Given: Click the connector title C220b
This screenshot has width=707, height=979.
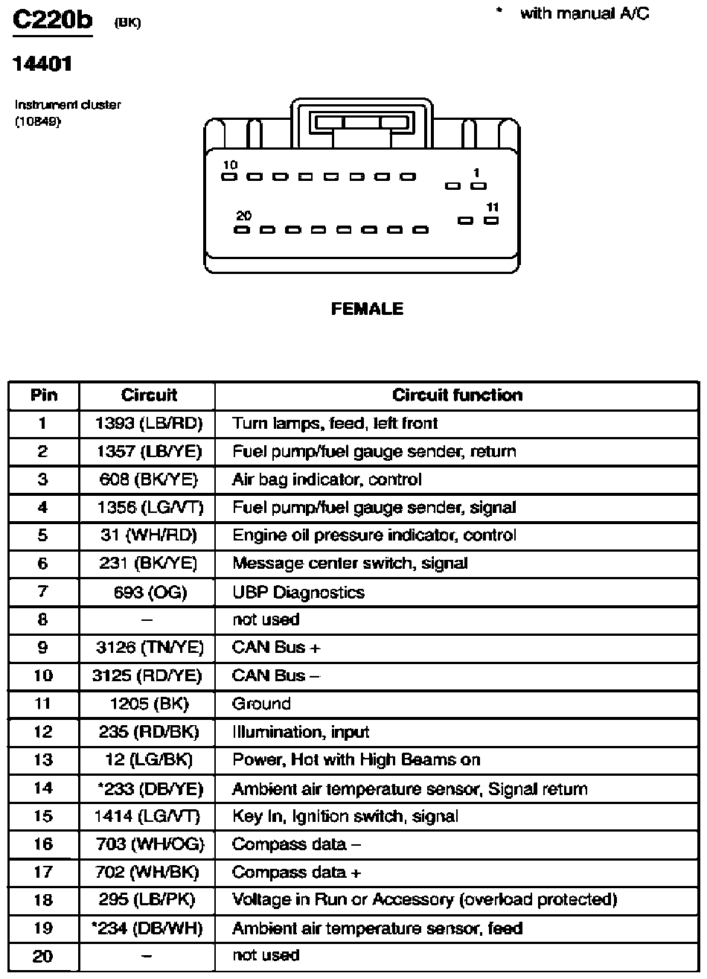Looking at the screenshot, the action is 52,20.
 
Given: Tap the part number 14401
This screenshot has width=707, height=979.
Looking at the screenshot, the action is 42,64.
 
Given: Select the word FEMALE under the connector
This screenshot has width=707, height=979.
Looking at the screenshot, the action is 367,308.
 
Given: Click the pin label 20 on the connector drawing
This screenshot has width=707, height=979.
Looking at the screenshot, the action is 244,215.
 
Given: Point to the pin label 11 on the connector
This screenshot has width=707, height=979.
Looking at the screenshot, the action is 493,207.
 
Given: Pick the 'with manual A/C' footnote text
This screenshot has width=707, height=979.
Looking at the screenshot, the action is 585,14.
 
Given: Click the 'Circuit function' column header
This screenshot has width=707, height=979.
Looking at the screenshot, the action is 457,395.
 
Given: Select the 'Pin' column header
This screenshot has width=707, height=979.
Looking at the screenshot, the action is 44,395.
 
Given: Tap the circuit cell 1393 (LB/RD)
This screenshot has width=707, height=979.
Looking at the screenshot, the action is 149,424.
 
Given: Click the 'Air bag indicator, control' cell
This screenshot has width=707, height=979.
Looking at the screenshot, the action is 327,479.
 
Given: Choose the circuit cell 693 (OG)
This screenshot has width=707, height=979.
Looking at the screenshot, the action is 150,592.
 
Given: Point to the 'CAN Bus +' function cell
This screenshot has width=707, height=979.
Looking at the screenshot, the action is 276,647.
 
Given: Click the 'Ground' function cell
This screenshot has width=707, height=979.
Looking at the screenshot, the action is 261,704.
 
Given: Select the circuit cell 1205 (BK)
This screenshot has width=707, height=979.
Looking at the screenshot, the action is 150,704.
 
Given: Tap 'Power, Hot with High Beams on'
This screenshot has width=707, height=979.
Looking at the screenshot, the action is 356,759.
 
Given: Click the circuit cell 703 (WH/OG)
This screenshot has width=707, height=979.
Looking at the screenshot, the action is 150,844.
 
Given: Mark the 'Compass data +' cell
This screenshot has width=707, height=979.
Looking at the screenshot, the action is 297,873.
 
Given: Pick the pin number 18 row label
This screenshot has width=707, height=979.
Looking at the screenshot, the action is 43,900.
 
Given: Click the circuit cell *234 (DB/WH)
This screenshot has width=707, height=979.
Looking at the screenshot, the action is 147,928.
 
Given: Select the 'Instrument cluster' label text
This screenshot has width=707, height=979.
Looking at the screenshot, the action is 68,105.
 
